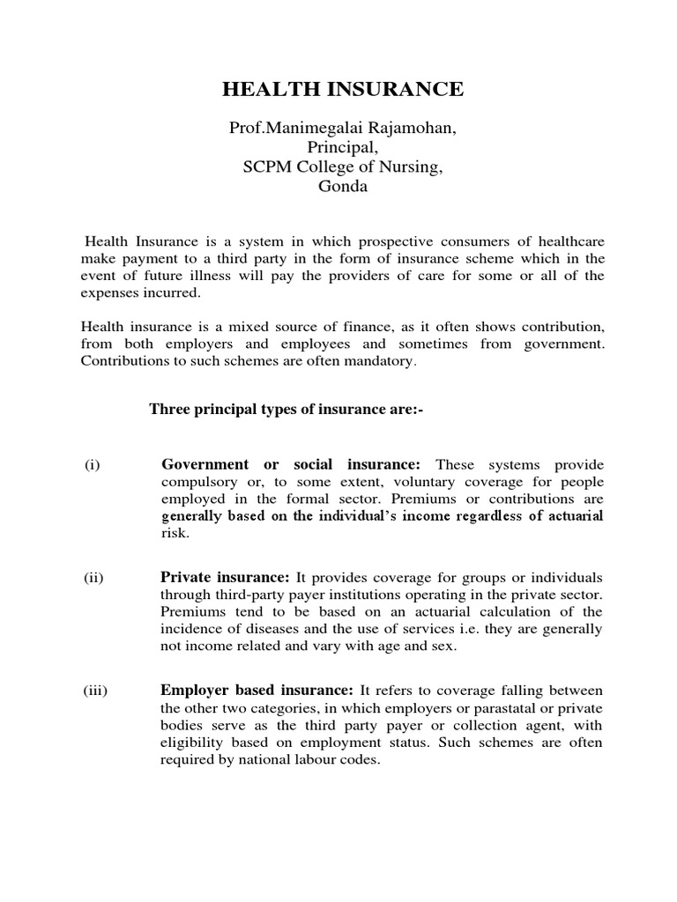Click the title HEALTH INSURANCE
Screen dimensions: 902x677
click(342, 89)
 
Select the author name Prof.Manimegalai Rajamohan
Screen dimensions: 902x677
click(343, 129)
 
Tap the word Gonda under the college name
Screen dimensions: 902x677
click(343, 187)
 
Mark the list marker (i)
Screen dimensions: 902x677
click(93, 465)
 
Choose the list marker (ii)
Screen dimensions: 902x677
click(94, 578)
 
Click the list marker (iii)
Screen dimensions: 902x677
click(96, 691)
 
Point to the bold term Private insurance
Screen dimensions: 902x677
click(225, 577)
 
